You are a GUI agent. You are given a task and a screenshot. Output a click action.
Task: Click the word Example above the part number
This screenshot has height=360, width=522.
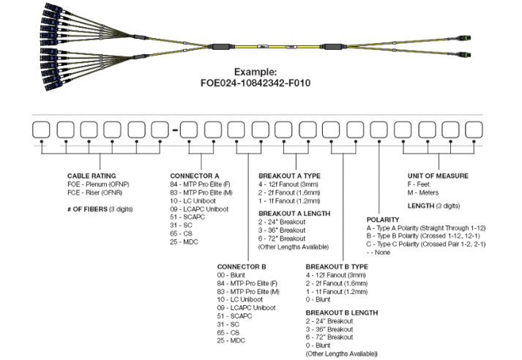(256, 72)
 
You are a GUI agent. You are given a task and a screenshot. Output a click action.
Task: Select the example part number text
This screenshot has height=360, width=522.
(256, 83)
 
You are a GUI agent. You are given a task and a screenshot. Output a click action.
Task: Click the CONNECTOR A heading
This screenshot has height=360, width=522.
(195, 176)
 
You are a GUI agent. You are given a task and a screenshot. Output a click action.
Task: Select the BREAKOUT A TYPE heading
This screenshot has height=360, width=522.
(290, 176)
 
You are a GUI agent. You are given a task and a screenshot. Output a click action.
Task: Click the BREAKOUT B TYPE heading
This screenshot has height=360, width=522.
(336, 266)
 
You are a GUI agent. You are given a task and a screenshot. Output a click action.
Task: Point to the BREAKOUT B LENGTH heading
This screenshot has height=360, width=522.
(340, 311)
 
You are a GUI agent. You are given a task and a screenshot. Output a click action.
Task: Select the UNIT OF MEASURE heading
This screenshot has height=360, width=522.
(438, 176)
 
